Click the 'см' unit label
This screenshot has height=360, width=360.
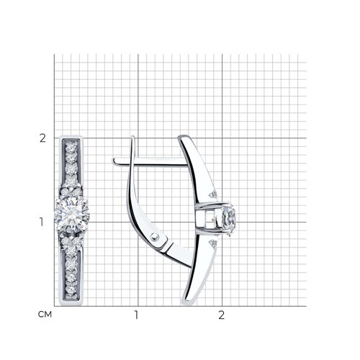click(x=45, y=315)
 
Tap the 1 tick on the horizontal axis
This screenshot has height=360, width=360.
click(x=136, y=315)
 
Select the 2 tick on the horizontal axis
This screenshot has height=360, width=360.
click(x=221, y=315)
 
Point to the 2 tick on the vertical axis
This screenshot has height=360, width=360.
click(x=42, y=138)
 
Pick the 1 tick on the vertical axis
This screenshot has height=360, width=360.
click(x=42, y=222)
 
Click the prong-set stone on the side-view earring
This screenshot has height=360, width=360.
click(x=229, y=219)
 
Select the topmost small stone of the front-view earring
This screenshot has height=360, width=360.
click(x=71, y=146)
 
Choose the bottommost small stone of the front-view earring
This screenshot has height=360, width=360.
click(x=71, y=290)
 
